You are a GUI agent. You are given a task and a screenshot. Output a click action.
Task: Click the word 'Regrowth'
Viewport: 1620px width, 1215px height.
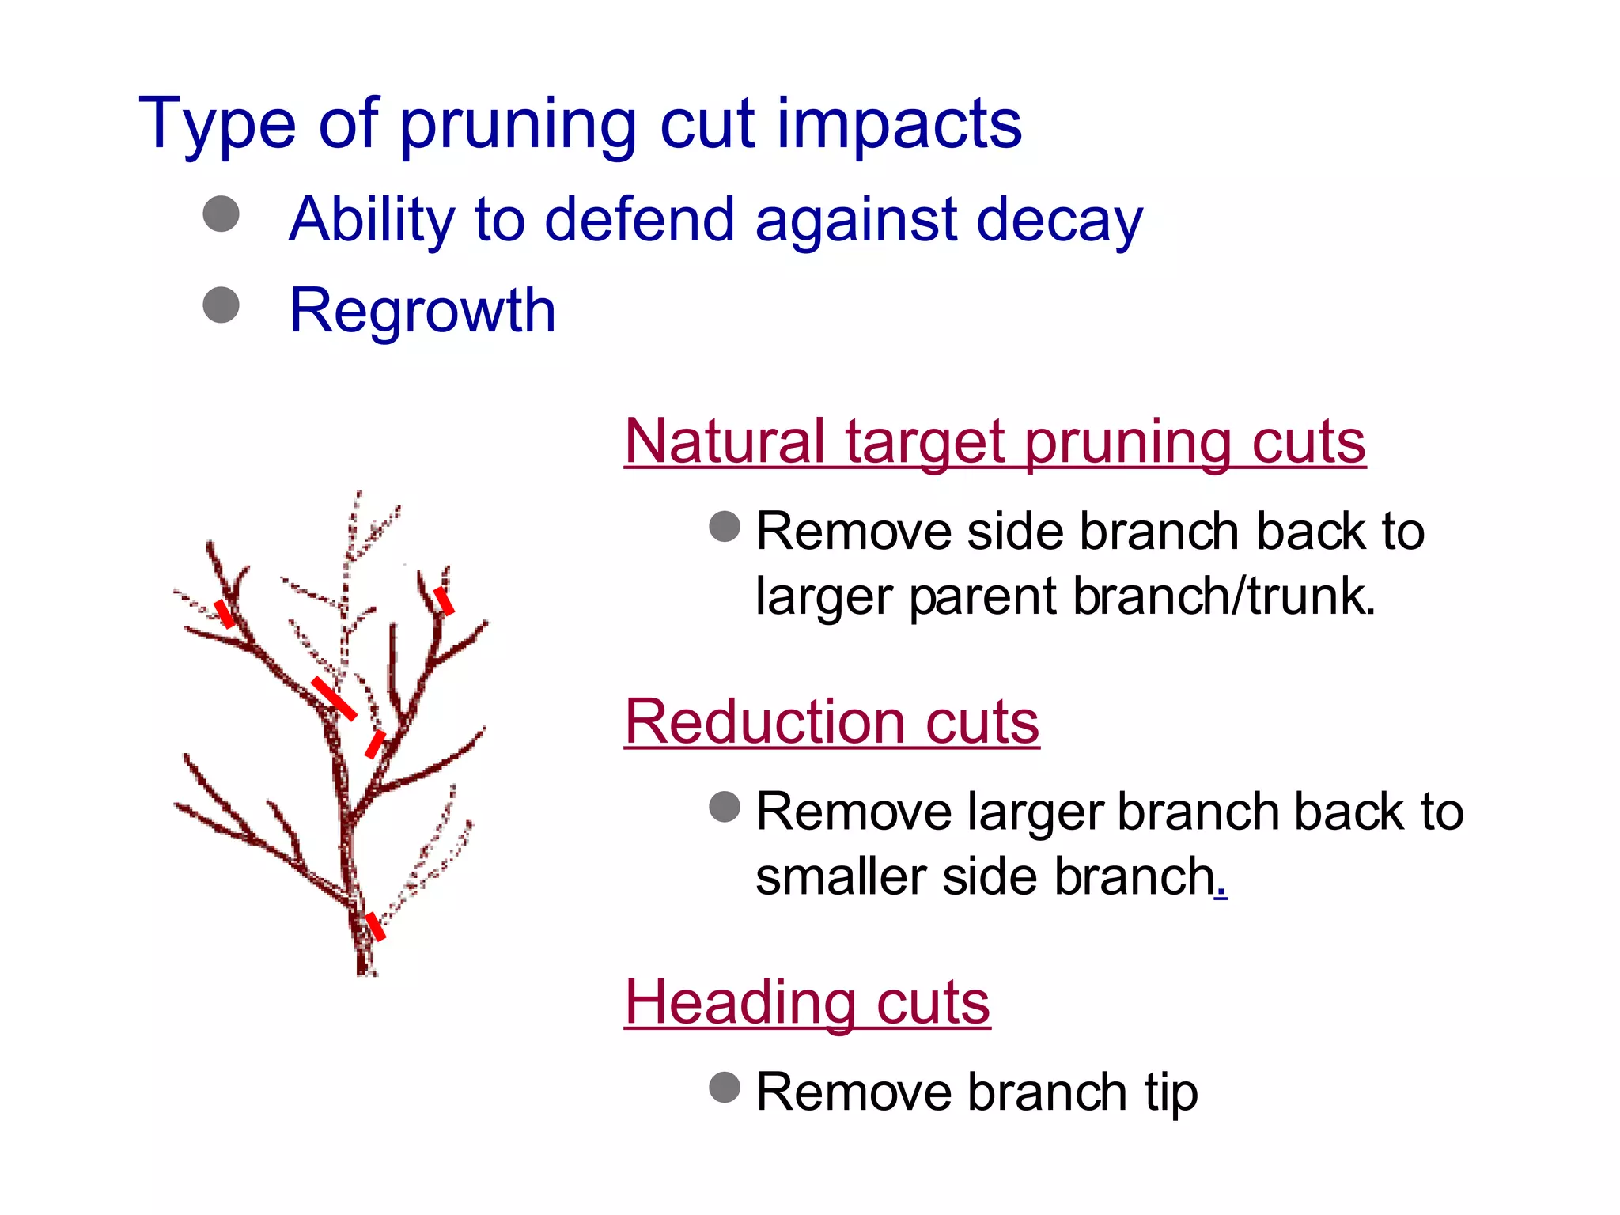tap(422, 310)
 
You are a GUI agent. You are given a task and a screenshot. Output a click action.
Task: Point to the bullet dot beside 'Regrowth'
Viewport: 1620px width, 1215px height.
tap(221, 305)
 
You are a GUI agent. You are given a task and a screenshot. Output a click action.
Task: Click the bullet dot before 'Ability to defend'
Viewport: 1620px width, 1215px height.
tap(221, 214)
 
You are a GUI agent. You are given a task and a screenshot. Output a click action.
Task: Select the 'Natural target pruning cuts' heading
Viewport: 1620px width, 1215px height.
tap(994, 441)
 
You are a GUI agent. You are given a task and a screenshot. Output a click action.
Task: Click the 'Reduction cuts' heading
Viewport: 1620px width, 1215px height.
tap(831, 721)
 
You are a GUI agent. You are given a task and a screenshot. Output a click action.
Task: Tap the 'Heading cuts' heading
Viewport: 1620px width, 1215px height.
tap(807, 1001)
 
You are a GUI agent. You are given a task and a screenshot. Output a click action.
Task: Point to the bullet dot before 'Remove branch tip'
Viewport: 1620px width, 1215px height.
tap(725, 1087)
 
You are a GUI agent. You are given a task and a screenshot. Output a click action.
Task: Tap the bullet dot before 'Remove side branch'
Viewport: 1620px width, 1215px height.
tap(725, 526)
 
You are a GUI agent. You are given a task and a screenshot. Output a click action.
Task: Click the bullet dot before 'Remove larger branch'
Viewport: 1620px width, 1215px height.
tap(725, 807)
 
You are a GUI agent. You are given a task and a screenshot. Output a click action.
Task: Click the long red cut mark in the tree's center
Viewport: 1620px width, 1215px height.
tap(334, 698)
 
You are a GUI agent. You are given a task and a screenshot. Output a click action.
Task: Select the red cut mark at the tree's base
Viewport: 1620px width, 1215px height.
tap(375, 926)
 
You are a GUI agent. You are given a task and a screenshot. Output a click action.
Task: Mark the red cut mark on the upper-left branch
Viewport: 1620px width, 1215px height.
tap(225, 613)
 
